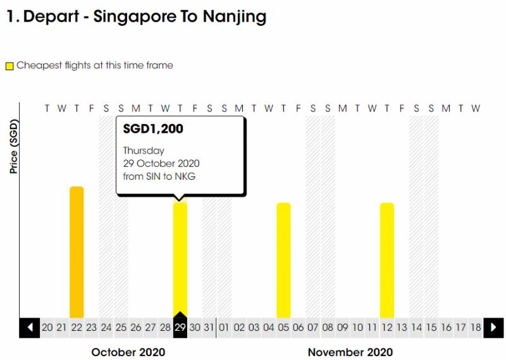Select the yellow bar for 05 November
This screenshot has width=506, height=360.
[x=283, y=260]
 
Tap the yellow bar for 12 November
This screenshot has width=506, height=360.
[x=387, y=260]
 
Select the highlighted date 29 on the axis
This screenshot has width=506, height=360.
[x=180, y=328]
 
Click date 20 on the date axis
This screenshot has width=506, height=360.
[x=47, y=328]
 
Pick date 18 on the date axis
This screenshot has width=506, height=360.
[x=476, y=328]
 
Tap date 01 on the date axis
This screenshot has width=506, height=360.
[x=224, y=328]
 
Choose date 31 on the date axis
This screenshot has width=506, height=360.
[x=209, y=328]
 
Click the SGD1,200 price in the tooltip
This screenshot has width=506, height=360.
[x=153, y=130]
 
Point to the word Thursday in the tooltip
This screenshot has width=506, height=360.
[x=144, y=151]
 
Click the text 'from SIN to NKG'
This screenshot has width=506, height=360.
[x=159, y=177]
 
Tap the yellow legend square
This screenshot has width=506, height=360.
[x=9, y=66]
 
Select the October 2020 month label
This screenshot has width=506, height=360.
[x=128, y=352]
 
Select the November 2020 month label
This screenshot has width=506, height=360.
[x=350, y=352]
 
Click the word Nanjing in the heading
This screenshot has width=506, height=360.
[x=235, y=17]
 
